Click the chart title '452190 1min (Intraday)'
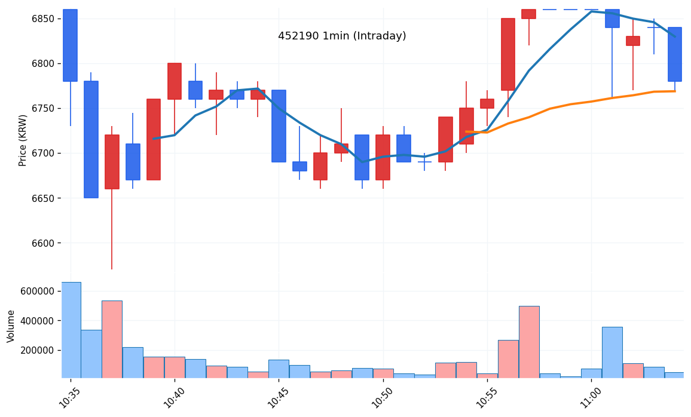click(342, 36)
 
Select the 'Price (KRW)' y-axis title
click(23, 140)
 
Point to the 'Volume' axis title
click(11, 326)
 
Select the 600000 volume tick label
click(37, 291)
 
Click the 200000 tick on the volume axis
click(37, 351)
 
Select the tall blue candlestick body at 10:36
click(91, 139)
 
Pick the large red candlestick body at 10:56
click(508, 54)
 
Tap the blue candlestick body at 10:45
click(279, 126)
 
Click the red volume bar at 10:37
click(112, 339)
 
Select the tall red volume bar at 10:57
click(529, 342)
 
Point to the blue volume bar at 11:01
click(612, 352)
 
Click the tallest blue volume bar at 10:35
click(71, 330)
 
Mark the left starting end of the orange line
click(466, 131)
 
